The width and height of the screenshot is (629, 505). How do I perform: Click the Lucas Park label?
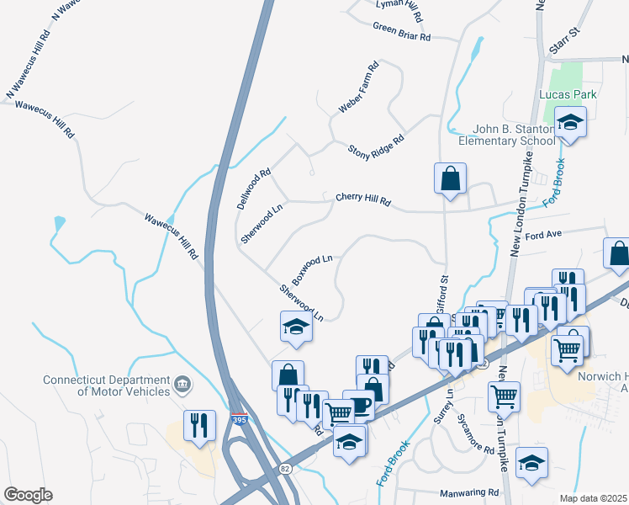(x=569, y=94)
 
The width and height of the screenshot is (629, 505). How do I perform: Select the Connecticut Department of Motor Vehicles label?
(x=105, y=385)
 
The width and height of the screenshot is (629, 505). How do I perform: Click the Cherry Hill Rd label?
(x=363, y=199)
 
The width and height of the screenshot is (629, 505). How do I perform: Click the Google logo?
(x=28, y=495)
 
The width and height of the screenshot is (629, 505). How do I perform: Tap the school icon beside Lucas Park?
(x=570, y=124)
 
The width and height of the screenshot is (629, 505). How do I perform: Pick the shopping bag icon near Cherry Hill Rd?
(x=450, y=178)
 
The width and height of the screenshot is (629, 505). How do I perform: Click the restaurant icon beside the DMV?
(x=199, y=425)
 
